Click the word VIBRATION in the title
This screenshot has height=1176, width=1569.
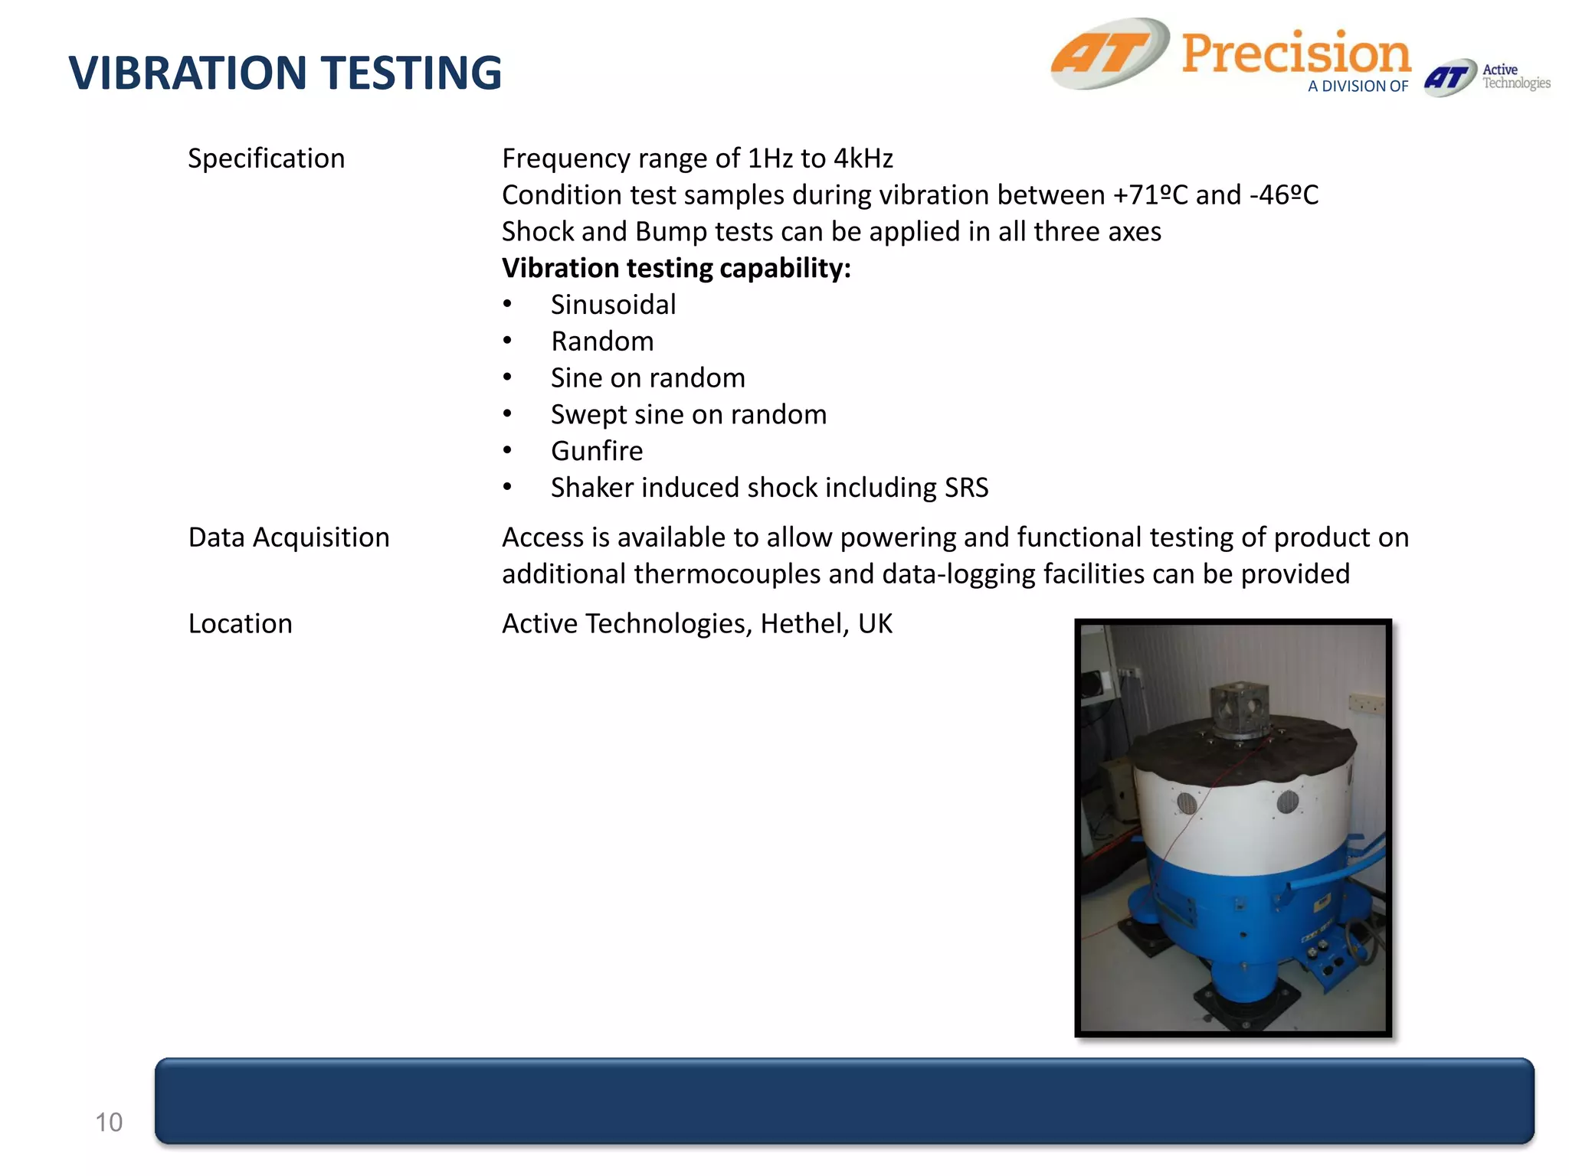(x=188, y=73)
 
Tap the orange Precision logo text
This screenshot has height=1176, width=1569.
(x=1295, y=54)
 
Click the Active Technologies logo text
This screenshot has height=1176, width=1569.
(x=1515, y=77)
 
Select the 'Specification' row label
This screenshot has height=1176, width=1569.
(x=266, y=158)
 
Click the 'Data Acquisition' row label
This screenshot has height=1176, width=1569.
(x=289, y=537)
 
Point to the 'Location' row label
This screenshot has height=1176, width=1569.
(x=240, y=624)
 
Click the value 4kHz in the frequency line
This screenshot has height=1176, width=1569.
(x=863, y=158)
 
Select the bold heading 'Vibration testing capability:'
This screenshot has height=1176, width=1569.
(x=676, y=268)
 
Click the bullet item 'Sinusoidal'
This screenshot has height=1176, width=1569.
(x=613, y=305)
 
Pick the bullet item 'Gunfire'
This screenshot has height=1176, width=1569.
(x=597, y=451)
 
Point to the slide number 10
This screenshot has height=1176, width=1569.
(x=108, y=1122)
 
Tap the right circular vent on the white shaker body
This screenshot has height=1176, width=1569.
(x=1288, y=801)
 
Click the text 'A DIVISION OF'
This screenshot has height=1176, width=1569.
(x=1358, y=87)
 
